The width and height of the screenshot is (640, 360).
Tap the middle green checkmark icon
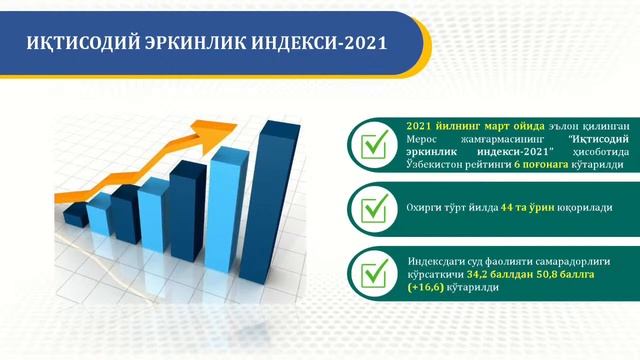pos(375,210)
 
